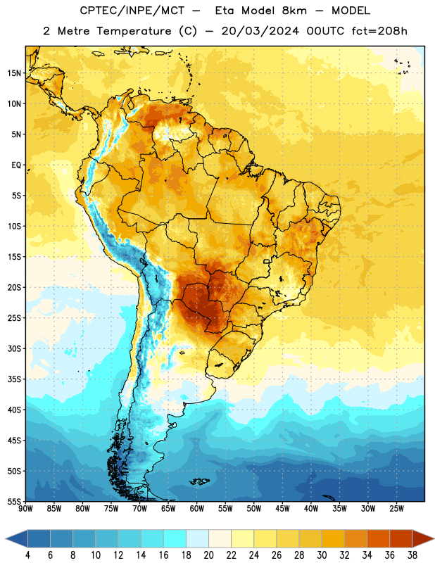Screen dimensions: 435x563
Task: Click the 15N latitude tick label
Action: click(14, 73)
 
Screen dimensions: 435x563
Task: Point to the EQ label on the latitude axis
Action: click(16, 165)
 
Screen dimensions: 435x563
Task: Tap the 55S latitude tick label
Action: click(14, 501)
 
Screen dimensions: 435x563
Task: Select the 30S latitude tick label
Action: click(14, 348)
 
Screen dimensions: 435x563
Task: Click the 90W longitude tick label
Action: click(25, 509)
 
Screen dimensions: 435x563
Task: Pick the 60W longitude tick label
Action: click(197, 509)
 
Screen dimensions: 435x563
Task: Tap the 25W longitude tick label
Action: click(396, 509)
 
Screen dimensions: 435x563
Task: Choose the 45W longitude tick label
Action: click(282, 509)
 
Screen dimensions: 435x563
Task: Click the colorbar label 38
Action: click(412, 555)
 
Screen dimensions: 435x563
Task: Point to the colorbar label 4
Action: click(27, 555)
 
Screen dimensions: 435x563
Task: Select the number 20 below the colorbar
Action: click(208, 555)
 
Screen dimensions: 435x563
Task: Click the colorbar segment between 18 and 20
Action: click(197, 538)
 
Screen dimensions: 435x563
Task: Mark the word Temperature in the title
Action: click(134, 31)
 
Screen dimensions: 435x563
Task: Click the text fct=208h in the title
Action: click(379, 31)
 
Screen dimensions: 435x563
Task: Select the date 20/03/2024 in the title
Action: click(260, 31)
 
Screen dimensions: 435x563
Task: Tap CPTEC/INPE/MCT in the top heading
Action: click(132, 11)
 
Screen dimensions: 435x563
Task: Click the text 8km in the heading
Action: click(294, 11)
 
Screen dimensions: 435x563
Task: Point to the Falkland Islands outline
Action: click(200, 481)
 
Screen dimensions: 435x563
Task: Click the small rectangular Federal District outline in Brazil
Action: click(267, 261)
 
